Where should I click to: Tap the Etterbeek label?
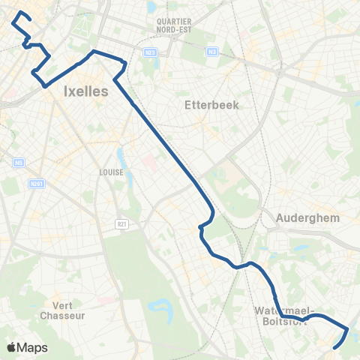211,105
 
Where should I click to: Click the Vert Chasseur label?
73,310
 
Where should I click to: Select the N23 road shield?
150,52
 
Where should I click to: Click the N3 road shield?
212,52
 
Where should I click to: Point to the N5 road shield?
18,161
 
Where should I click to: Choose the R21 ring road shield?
121,223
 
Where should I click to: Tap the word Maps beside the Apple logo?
33,347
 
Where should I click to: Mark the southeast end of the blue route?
334,346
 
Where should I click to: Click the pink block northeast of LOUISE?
148,163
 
